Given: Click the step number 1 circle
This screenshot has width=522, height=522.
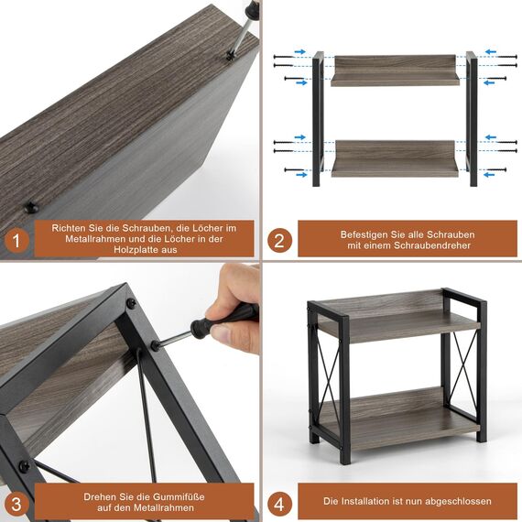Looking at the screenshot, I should (16, 243).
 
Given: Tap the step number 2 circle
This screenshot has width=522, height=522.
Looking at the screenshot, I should (279, 241).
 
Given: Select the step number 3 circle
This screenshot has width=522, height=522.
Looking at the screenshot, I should (16, 503).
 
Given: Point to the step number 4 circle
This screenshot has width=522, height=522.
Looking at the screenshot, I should (279, 502).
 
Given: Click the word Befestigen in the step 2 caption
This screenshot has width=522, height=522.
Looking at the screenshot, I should (367, 234).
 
